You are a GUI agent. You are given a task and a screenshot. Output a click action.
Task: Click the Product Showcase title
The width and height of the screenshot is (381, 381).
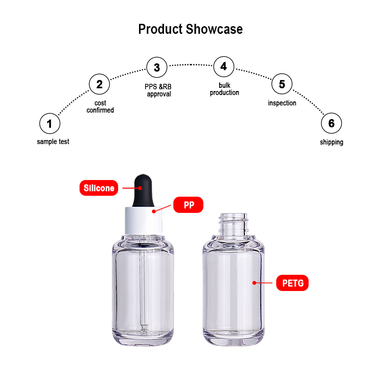click(190, 29)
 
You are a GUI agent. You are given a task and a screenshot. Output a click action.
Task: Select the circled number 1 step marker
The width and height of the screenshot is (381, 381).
click(50, 124)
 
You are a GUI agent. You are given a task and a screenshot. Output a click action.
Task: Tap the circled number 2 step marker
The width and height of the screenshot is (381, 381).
click(100, 85)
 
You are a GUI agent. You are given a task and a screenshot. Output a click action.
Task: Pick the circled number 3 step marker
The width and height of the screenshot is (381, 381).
click(157, 67)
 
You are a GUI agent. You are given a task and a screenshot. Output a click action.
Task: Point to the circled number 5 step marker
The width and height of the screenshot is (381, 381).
click(282, 85)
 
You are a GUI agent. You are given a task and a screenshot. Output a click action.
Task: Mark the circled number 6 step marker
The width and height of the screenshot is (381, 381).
click(331, 124)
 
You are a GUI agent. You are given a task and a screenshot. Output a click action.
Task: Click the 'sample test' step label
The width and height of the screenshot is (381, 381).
click(53, 142)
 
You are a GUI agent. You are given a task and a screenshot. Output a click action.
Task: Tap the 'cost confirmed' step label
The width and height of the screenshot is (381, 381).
click(100, 107)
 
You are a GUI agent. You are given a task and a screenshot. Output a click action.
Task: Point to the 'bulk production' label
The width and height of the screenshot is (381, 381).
click(224, 89)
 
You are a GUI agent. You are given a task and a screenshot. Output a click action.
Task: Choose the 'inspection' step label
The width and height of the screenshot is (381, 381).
click(282, 103)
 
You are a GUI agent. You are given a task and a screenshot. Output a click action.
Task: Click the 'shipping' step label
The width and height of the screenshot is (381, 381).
click(331, 142)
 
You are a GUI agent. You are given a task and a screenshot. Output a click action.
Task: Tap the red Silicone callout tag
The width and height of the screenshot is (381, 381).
click(99, 188)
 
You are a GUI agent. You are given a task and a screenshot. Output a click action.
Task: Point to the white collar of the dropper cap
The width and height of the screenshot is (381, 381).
click(141, 220)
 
